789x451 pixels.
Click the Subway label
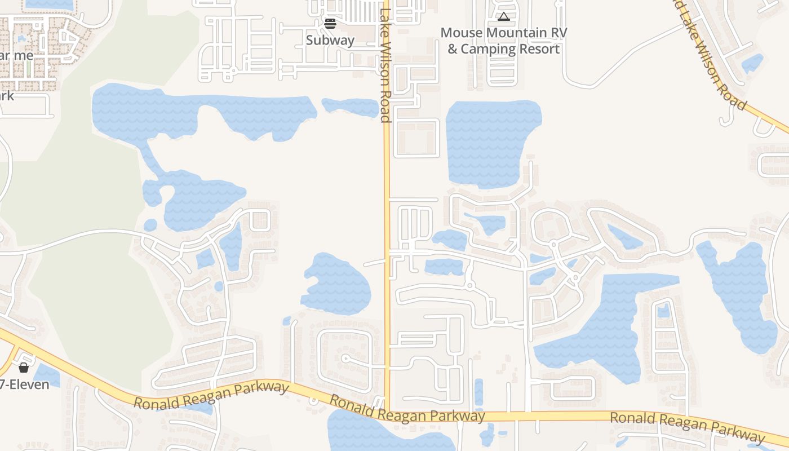pyautogui.click(x=330, y=40)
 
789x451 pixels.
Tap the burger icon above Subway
pyautogui.click(x=330, y=24)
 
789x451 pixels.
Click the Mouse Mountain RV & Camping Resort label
pyautogui.click(x=503, y=41)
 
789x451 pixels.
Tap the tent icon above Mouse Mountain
pyautogui.click(x=503, y=17)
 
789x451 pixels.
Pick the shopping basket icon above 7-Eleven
pyautogui.click(x=24, y=368)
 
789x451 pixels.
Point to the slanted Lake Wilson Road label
pyautogui.click(x=713, y=56)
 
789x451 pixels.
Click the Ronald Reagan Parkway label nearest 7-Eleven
pyautogui.click(x=211, y=395)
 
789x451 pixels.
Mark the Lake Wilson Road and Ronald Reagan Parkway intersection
pyautogui.click(x=387, y=411)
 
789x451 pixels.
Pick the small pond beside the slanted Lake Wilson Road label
pyautogui.click(x=752, y=63)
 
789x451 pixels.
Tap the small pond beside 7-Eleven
pyautogui.click(x=47, y=375)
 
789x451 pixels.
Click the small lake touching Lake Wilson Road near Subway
pyautogui.click(x=351, y=107)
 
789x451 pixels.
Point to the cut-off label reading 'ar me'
pyautogui.click(x=16, y=56)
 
